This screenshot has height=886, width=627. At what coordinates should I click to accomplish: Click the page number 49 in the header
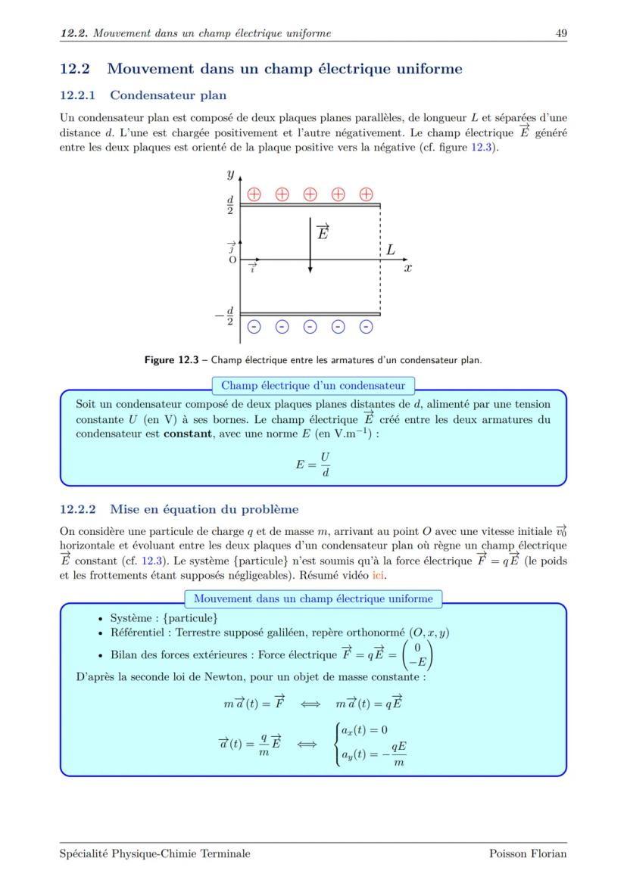[561, 33]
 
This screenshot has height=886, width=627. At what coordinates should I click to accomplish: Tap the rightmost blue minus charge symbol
[366, 327]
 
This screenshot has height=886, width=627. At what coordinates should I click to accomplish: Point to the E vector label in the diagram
[322, 232]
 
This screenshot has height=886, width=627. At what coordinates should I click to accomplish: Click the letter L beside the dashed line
[390, 249]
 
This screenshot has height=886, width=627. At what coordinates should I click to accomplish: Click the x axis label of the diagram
[407, 268]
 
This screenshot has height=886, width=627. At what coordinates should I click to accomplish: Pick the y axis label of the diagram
[229, 174]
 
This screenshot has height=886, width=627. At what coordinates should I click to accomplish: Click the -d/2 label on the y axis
[226, 316]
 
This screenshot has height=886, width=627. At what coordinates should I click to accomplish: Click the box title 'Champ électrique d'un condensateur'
[313, 385]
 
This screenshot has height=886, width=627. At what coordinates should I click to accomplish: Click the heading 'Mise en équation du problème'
[204, 508]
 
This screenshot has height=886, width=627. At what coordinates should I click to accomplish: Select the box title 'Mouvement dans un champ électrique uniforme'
[313, 598]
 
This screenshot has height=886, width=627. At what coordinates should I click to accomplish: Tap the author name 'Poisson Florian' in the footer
[528, 853]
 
